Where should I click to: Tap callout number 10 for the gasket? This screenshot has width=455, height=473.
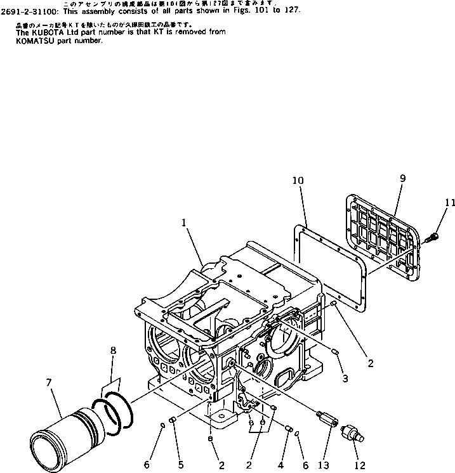[x=298, y=181]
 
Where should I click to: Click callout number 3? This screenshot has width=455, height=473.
[x=345, y=379]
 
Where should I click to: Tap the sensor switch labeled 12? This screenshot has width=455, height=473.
[x=351, y=436]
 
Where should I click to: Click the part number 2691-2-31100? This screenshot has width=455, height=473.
[x=32, y=11]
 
